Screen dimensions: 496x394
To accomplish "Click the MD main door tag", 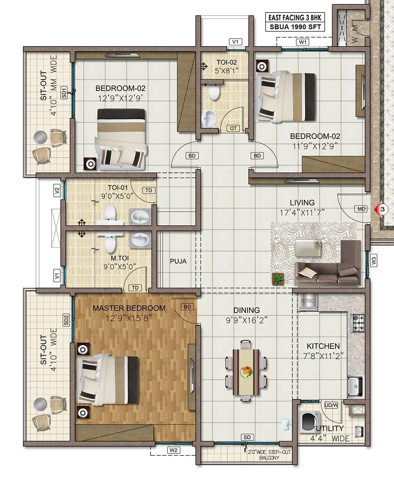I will [x=361, y=209].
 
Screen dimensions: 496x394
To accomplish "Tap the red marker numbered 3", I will [x=381, y=209].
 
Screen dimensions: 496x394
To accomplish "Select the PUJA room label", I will [x=178, y=261].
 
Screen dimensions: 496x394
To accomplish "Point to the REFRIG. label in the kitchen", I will [x=307, y=301].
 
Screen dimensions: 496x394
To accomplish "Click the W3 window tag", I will [x=374, y=260].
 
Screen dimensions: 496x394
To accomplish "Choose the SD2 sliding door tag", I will [x=66, y=319].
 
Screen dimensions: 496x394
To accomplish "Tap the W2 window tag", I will [x=174, y=450].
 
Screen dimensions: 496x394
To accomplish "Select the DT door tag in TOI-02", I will [x=233, y=128].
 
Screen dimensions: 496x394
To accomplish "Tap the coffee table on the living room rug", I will [x=307, y=249].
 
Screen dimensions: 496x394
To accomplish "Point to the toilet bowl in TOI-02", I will [x=213, y=93].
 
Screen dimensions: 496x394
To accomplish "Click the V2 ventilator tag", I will [x=57, y=191].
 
